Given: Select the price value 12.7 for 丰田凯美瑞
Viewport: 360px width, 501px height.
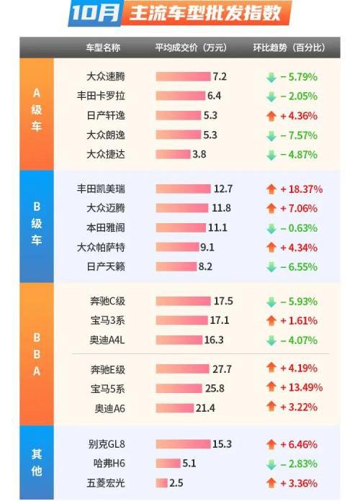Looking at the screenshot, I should (223, 189).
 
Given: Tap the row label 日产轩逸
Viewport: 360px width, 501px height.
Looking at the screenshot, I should (106, 115).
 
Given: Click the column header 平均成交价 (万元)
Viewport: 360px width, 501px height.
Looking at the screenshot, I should (191, 48).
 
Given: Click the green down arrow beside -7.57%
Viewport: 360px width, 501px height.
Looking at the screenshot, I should (271, 135).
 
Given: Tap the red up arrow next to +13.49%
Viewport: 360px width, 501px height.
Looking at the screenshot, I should (271, 389).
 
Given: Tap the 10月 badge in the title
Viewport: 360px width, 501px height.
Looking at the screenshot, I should (94, 13).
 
